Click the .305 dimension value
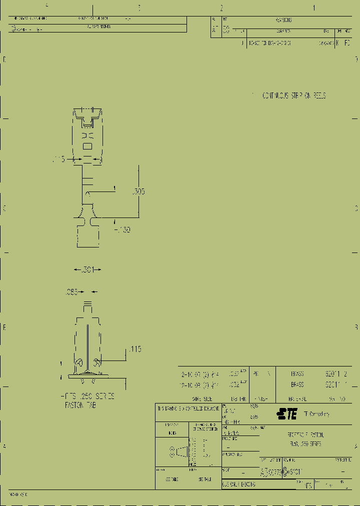coord(138,191)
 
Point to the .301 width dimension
coord(87,270)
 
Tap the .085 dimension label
coord(71,292)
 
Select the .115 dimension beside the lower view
coord(135,349)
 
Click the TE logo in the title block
coord(287,413)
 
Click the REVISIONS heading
coord(283,20)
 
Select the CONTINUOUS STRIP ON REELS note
coord(294,95)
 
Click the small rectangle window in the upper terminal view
coord(87,146)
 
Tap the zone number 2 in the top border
coord(221,8)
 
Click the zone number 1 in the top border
coord(314,8)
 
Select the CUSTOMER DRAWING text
coord(239,484)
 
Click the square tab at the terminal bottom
coord(87,235)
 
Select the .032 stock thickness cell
coord(233,385)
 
